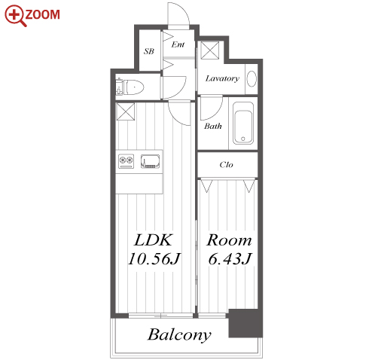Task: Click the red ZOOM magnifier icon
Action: pos(15,15)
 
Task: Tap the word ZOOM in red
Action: pos(42,14)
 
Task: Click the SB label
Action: pos(149,51)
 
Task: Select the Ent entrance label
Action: pos(178,44)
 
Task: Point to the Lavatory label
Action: pos(222,78)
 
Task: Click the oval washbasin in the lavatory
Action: pos(252,79)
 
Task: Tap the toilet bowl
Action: pos(130,87)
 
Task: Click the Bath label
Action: pos(213,126)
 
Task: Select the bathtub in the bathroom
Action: pos(243,123)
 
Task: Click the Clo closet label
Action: pos(226,165)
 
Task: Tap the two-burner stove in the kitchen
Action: pos(126,161)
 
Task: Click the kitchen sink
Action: pos(150,161)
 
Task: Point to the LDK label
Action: pos(153,240)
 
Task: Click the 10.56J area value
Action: pos(154,258)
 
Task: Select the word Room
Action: pos(229,240)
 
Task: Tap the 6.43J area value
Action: pos(230,258)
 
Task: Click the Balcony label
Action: pos(179,335)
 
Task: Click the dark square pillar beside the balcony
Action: pos(245,323)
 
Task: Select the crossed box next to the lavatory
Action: pos(210,50)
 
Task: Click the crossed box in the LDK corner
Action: pos(126,111)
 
